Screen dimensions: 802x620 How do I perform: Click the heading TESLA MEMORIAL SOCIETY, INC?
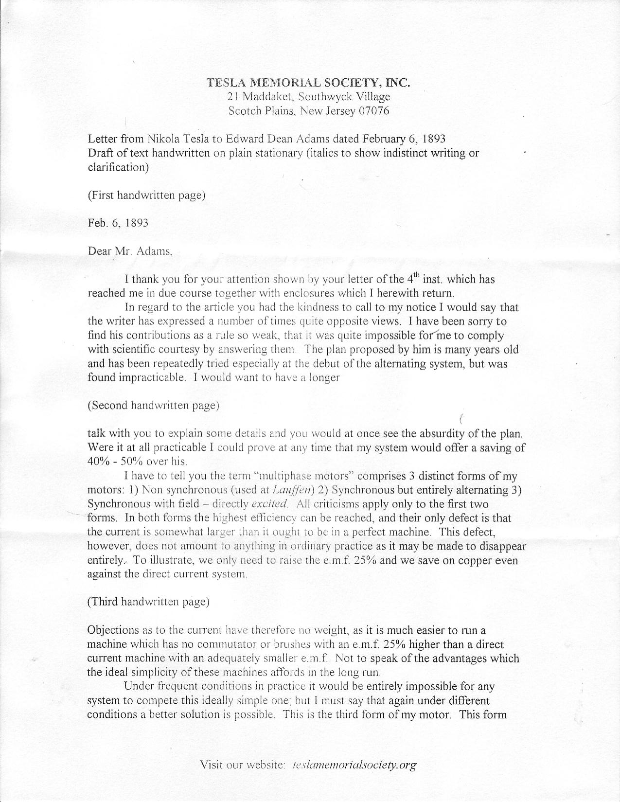pos(309,82)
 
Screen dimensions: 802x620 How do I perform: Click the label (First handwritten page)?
pos(146,195)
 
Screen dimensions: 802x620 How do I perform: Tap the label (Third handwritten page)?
pos(148,602)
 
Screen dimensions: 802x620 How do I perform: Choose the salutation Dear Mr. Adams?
pos(130,251)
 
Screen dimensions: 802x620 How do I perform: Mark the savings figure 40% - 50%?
pos(111,462)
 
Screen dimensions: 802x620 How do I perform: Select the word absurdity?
pos(442,433)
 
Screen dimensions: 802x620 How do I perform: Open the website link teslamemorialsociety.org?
pos(355,765)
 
